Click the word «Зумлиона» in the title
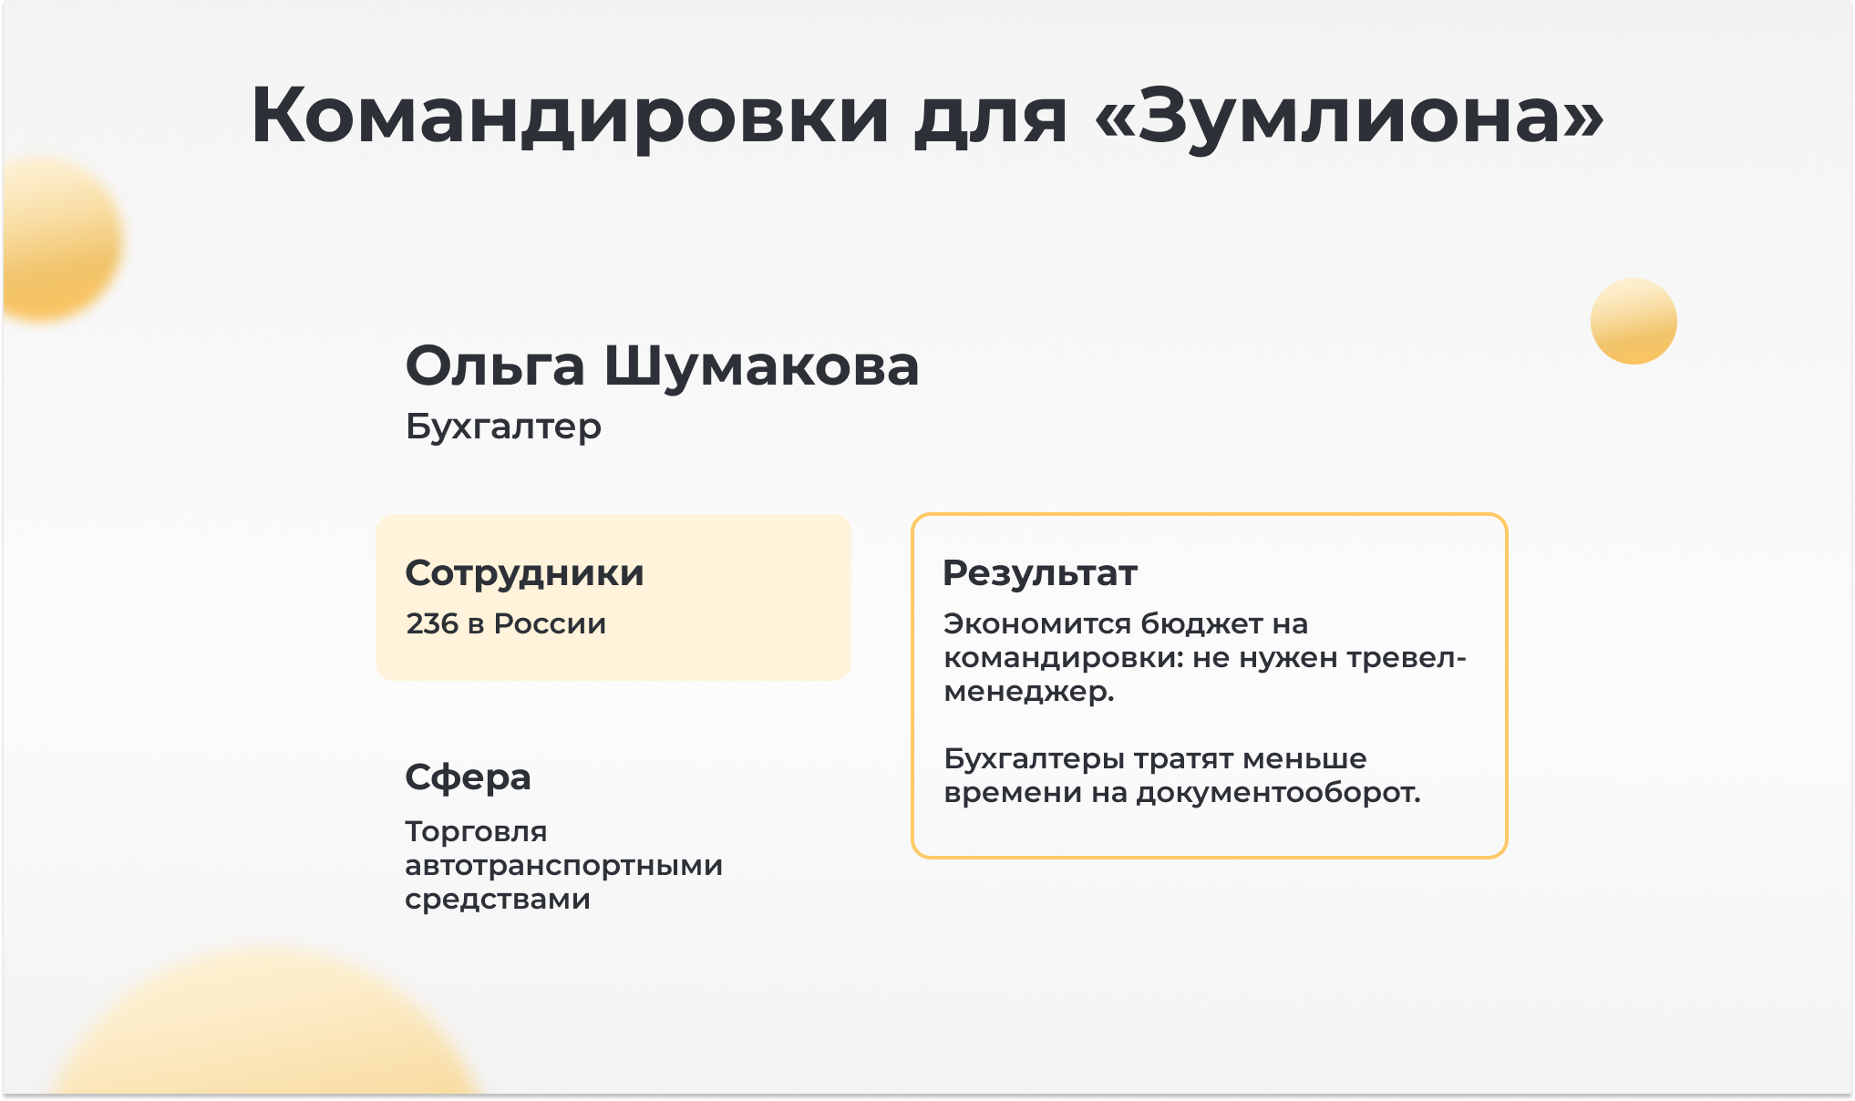point(1349,116)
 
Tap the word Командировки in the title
point(570,116)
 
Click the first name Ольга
point(495,366)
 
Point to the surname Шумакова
point(761,366)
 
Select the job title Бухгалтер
point(503,427)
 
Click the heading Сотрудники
point(524,573)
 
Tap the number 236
point(432,623)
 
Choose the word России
point(550,623)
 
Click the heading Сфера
point(468,777)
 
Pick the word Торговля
point(476,832)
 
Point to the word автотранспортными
point(564,866)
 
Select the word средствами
point(498,900)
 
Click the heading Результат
point(1040,573)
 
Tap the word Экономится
point(1037,623)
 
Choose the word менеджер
point(1029,692)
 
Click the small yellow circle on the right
point(1633,321)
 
